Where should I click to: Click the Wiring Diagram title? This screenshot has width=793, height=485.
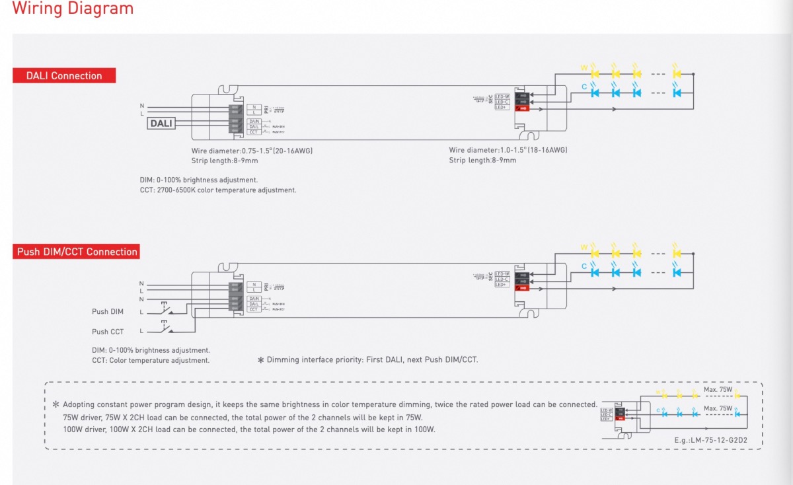pos(73,9)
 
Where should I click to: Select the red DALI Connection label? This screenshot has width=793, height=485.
pos(64,75)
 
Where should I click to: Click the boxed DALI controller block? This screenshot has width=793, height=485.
pos(161,123)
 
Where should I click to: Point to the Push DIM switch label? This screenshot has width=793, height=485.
pos(108,312)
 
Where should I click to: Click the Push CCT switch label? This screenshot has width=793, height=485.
pos(108,332)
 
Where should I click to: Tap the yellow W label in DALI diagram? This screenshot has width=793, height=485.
pos(584,67)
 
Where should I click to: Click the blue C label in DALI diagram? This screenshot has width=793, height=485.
pos(584,87)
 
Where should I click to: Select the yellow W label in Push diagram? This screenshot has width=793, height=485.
pos(584,247)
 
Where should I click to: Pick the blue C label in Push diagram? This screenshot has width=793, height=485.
pos(584,266)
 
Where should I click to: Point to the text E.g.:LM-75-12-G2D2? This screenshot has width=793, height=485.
pos(710,441)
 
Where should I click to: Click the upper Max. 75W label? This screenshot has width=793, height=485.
pos(718,390)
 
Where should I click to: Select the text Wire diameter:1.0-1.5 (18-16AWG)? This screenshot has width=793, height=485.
pos(508,151)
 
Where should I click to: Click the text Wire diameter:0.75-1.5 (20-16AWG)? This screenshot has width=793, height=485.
pos(252,151)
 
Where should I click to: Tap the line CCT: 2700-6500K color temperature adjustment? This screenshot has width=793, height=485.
pos(218,190)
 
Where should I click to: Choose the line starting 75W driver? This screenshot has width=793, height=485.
pos(243,418)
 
